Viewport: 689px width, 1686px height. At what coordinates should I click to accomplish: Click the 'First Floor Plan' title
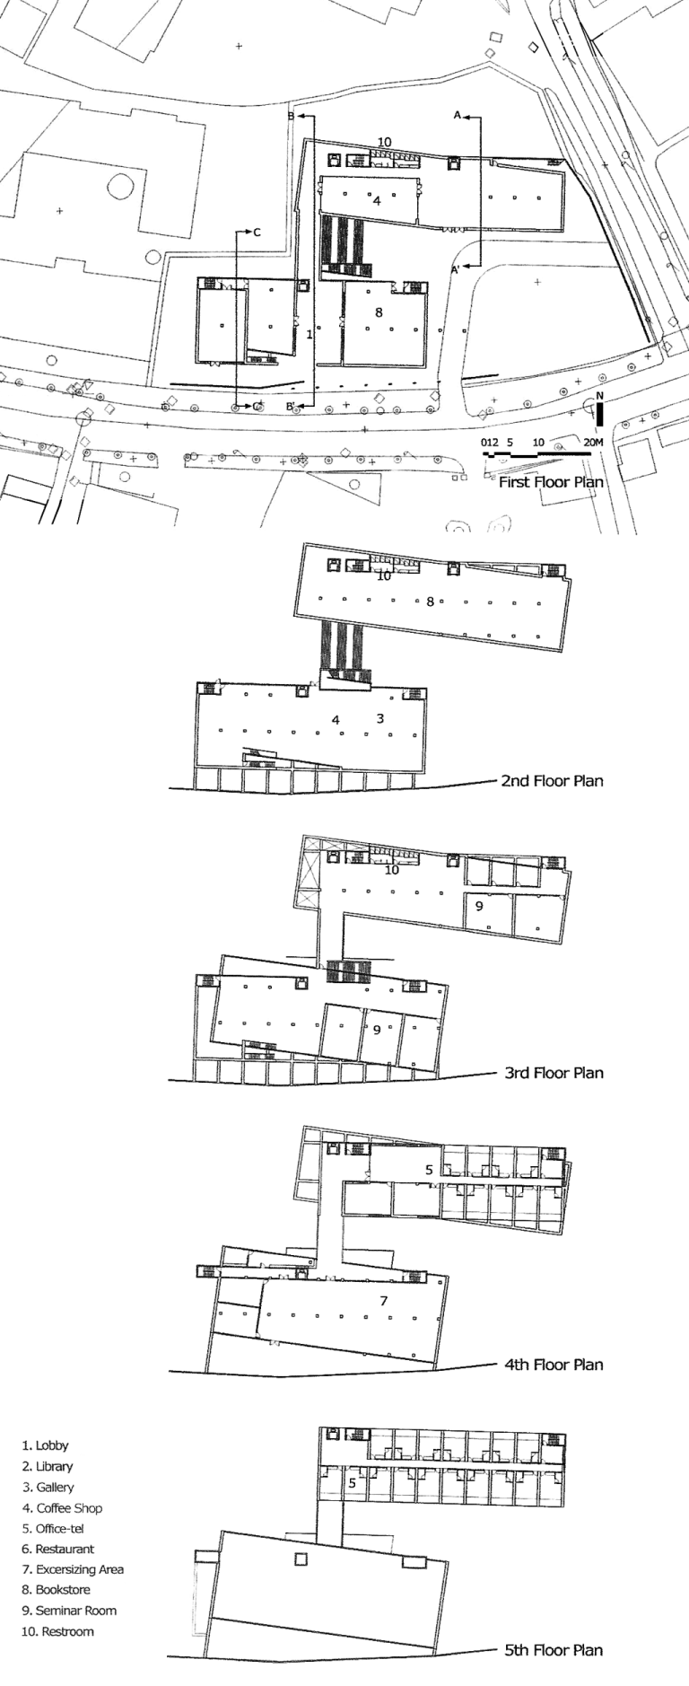[x=551, y=482]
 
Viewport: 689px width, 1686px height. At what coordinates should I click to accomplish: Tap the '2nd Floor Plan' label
[x=552, y=780]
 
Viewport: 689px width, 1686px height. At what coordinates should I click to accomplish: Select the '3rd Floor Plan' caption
[x=554, y=1072]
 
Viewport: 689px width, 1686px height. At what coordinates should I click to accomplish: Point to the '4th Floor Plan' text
[x=554, y=1364]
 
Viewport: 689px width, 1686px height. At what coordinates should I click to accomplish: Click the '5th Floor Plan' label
[x=554, y=1649]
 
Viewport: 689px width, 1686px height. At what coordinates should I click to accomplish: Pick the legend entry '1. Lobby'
[x=46, y=1445]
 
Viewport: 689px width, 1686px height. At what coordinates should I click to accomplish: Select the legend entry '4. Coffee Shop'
[x=63, y=1508]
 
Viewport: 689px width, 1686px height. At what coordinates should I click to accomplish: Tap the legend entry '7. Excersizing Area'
[x=74, y=1569]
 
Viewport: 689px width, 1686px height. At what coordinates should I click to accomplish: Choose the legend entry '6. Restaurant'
[x=58, y=1549]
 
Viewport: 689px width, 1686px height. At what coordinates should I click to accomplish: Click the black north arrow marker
[x=599, y=414]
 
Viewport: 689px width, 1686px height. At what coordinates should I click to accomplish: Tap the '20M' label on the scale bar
[x=593, y=443]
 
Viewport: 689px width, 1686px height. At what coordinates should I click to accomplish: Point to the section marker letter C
[x=257, y=233]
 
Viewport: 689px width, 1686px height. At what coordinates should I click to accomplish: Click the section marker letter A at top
[x=457, y=116]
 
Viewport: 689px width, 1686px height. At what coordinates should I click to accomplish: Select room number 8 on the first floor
[x=379, y=312]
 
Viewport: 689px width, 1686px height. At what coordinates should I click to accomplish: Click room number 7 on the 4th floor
[x=383, y=1301]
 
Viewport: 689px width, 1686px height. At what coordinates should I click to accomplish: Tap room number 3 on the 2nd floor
[x=380, y=718]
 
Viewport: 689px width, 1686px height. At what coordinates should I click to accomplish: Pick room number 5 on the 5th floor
[x=352, y=1484]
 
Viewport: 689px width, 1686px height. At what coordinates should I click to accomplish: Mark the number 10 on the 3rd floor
[x=391, y=870]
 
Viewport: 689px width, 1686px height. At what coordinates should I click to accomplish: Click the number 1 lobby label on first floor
[x=309, y=334]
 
